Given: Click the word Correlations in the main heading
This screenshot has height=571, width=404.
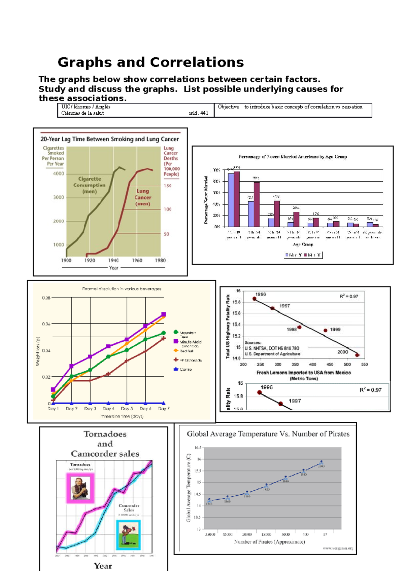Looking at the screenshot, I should (x=197, y=63).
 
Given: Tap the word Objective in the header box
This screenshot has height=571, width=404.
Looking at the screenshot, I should (x=228, y=107).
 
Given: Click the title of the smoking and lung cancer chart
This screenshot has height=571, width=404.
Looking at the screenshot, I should (x=110, y=139).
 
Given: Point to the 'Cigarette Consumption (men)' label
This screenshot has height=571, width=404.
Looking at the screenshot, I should (x=90, y=185).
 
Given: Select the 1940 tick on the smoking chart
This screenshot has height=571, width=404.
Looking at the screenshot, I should (x=113, y=260).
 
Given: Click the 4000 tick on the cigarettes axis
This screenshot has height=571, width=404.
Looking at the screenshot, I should (x=59, y=174).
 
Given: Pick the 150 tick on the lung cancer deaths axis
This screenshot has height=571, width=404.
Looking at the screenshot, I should (x=167, y=186).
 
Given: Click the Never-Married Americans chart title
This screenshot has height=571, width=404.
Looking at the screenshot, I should (x=292, y=157).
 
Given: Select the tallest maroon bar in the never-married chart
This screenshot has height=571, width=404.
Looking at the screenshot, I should (x=237, y=199).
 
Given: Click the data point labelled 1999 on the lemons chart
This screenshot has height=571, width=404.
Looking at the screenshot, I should (x=325, y=331).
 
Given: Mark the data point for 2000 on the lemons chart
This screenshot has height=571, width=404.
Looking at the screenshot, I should (x=357, y=355).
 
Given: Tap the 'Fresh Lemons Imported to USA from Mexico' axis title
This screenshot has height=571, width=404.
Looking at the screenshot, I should (x=304, y=373).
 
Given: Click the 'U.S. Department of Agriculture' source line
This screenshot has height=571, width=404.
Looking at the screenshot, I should (x=272, y=354).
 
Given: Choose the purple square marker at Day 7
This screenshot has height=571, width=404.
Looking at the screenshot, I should (x=164, y=314).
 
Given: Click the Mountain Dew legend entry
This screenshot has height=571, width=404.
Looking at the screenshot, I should (x=188, y=333).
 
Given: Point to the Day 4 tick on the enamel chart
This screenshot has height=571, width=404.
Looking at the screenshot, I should (x=108, y=409).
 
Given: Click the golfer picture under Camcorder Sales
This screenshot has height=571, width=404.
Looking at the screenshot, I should (x=128, y=535).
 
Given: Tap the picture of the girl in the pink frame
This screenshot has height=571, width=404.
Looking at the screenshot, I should (x=80, y=488).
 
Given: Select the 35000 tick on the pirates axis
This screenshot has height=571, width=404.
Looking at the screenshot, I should (x=210, y=534).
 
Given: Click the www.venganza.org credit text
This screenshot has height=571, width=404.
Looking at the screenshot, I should (x=338, y=548).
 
